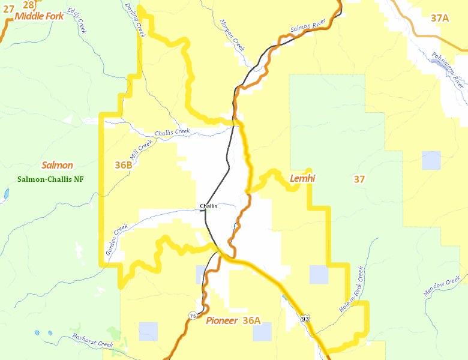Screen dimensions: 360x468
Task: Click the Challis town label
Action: click(x=209, y=206)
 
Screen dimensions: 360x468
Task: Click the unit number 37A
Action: click(x=440, y=18)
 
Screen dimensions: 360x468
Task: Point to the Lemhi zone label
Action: click(x=302, y=178)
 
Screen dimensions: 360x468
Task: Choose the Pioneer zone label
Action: click(x=221, y=320)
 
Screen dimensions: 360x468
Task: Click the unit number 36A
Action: click(x=251, y=320)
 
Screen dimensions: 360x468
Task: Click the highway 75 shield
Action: click(x=192, y=316)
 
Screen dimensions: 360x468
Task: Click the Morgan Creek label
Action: click(x=232, y=35)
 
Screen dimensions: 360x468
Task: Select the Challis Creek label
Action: click(x=172, y=132)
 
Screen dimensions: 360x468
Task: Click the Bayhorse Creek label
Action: click(x=92, y=340)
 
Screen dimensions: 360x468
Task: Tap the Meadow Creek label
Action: click(x=442, y=285)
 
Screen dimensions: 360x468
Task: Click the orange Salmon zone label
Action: click(x=58, y=165)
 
